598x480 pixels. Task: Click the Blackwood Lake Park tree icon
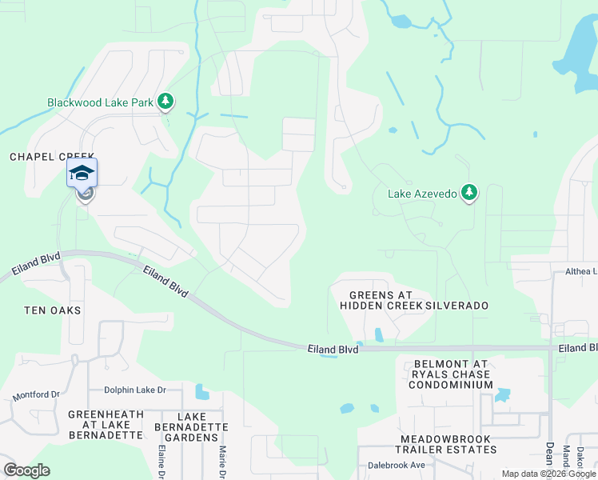tap(165, 101)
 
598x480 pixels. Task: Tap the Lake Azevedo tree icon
tap(469, 192)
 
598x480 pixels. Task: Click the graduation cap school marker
tap(82, 173)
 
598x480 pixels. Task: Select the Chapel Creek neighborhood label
tap(53, 157)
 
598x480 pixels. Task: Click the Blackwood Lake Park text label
tap(101, 102)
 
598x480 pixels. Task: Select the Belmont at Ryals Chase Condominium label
tap(452, 374)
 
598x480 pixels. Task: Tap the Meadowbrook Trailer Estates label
tap(448, 444)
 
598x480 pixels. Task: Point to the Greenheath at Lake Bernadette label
tap(105, 425)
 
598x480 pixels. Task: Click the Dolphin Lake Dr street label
tap(134, 390)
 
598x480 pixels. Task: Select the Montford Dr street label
tap(36, 395)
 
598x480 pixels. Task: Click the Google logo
tap(26, 470)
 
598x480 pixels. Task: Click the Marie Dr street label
tap(222, 462)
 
